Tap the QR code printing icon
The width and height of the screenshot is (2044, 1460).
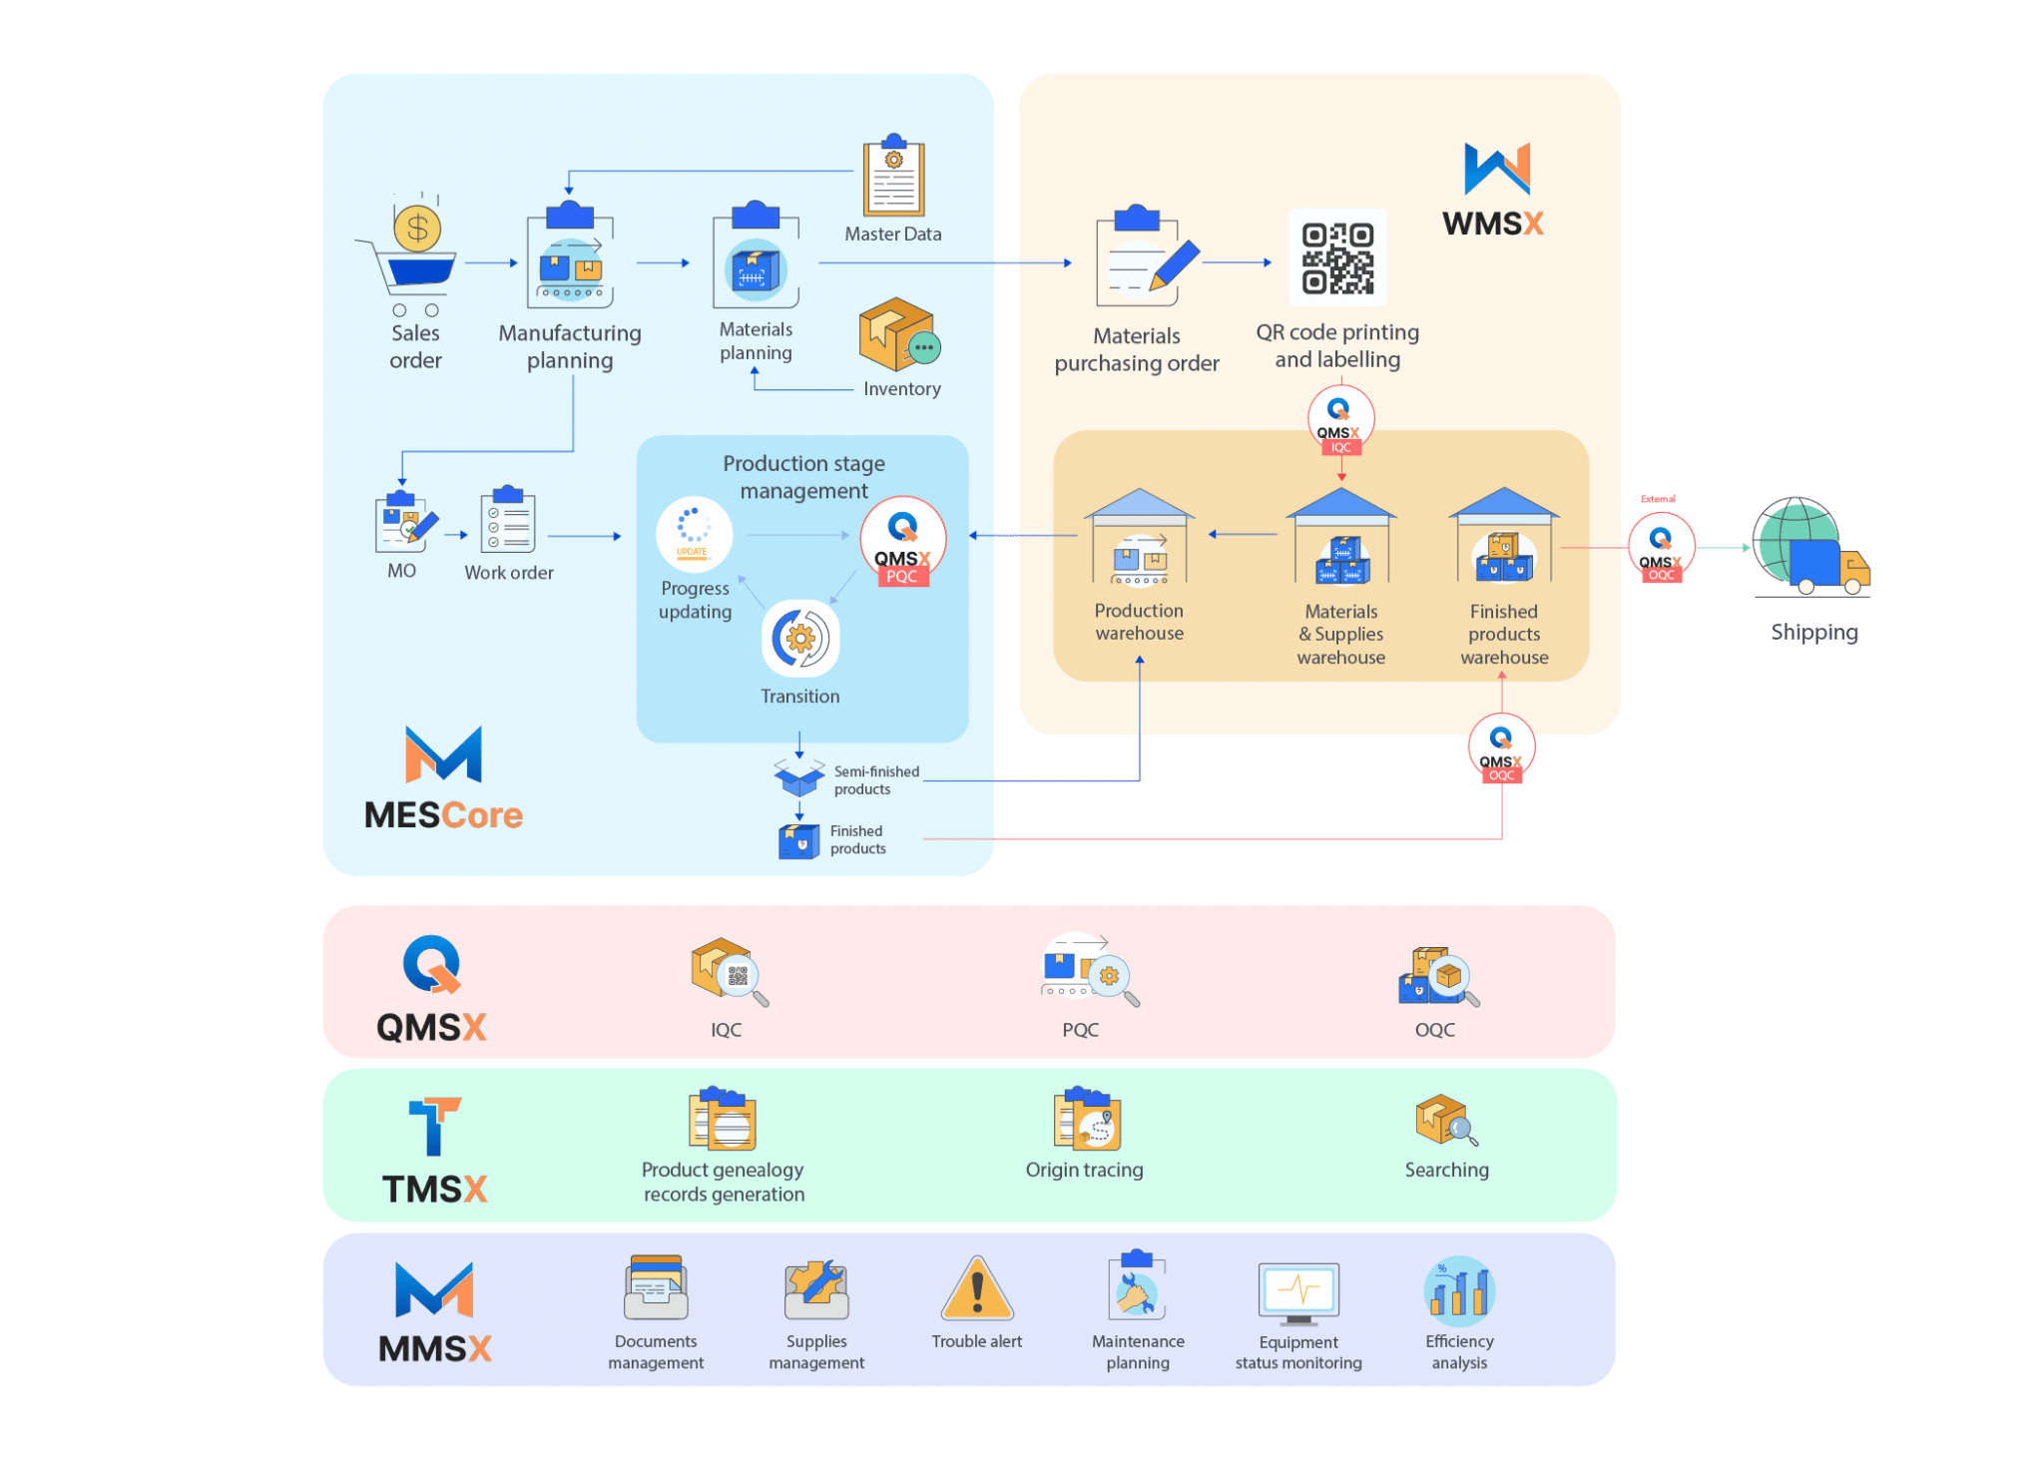tap(1337, 257)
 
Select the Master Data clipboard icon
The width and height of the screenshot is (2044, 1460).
tap(893, 180)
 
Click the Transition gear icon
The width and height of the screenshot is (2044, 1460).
tap(800, 639)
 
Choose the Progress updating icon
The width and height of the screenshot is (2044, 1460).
tap(694, 534)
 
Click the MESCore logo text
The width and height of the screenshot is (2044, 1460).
tap(443, 815)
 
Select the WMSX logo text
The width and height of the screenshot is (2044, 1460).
tap(1492, 224)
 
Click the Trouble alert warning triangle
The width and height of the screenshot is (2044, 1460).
tap(977, 1290)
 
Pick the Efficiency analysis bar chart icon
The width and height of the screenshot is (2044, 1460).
tap(1459, 1290)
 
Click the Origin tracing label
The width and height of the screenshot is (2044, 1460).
tap(1084, 1170)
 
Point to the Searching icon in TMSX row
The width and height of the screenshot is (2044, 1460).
tap(1445, 1122)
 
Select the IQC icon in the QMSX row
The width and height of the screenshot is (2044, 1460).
tap(728, 971)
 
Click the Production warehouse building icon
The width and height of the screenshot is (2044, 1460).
tap(1139, 539)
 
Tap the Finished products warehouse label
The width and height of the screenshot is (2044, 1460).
tap(1504, 634)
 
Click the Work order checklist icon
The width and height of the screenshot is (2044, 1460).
tap(508, 520)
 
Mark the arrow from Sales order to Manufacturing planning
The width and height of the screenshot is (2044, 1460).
tap(491, 263)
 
